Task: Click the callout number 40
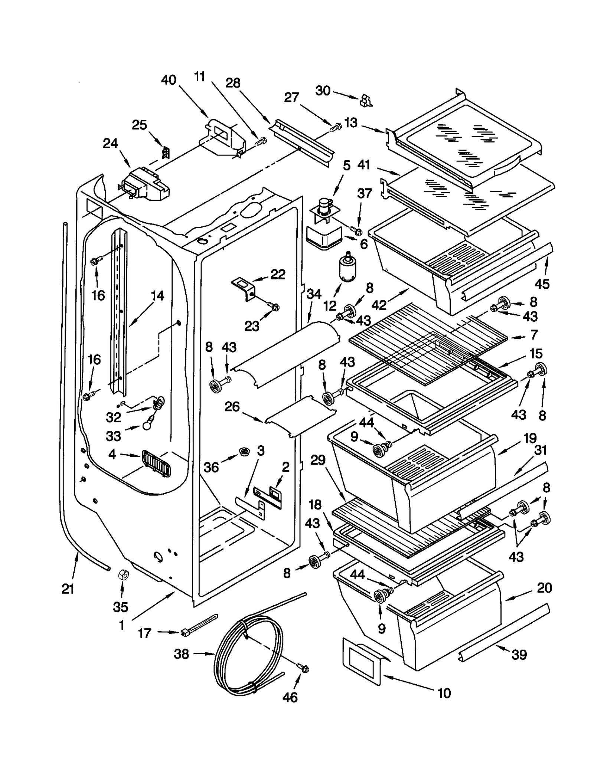pos(169,80)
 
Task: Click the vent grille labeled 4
pos(156,463)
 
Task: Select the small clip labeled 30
pos(366,100)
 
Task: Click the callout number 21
pos(68,589)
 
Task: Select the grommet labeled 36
pos(244,452)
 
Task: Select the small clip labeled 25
pos(166,151)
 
